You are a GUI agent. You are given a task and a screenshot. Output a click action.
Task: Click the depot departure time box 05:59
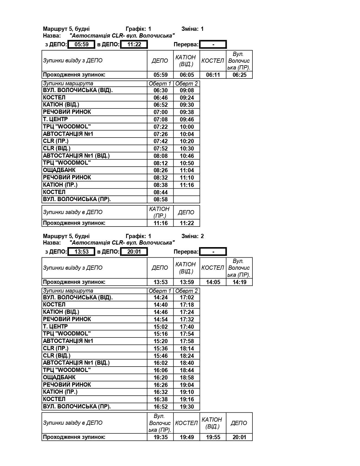(x=81, y=44)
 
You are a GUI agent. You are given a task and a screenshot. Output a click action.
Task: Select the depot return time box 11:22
(x=134, y=44)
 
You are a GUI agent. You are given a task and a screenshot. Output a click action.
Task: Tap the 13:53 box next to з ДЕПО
(x=81, y=252)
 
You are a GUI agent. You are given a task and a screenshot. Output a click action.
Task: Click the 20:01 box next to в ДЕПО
(x=134, y=252)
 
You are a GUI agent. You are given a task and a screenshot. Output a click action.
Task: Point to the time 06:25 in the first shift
(x=239, y=75)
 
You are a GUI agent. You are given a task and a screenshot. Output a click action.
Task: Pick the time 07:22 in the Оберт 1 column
(x=160, y=127)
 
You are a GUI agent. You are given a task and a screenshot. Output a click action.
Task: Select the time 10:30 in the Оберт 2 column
(x=187, y=149)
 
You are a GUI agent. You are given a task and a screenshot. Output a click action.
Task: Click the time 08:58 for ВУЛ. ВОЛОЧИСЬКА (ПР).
(x=160, y=200)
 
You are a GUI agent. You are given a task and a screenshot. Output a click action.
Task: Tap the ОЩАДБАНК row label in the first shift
(x=59, y=170)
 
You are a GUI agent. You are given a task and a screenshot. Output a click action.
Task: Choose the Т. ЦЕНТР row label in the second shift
(x=55, y=326)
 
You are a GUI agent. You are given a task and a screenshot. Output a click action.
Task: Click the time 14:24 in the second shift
(x=160, y=298)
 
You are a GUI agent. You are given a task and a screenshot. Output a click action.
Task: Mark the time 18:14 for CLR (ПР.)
(x=187, y=349)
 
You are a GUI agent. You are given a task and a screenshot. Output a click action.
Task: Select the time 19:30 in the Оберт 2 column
(x=187, y=407)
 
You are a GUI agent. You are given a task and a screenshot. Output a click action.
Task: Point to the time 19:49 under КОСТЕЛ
(x=187, y=437)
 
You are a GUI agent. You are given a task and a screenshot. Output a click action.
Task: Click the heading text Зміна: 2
(x=193, y=236)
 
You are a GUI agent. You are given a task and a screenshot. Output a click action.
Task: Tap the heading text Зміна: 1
(x=193, y=29)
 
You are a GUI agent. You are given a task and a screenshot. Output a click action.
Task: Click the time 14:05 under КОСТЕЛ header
(x=213, y=282)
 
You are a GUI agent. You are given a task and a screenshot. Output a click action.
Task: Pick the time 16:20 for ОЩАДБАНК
(x=160, y=378)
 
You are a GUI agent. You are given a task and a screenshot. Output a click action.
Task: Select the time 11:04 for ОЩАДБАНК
(x=187, y=170)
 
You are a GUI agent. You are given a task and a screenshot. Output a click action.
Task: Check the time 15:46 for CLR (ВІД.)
(x=160, y=356)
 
